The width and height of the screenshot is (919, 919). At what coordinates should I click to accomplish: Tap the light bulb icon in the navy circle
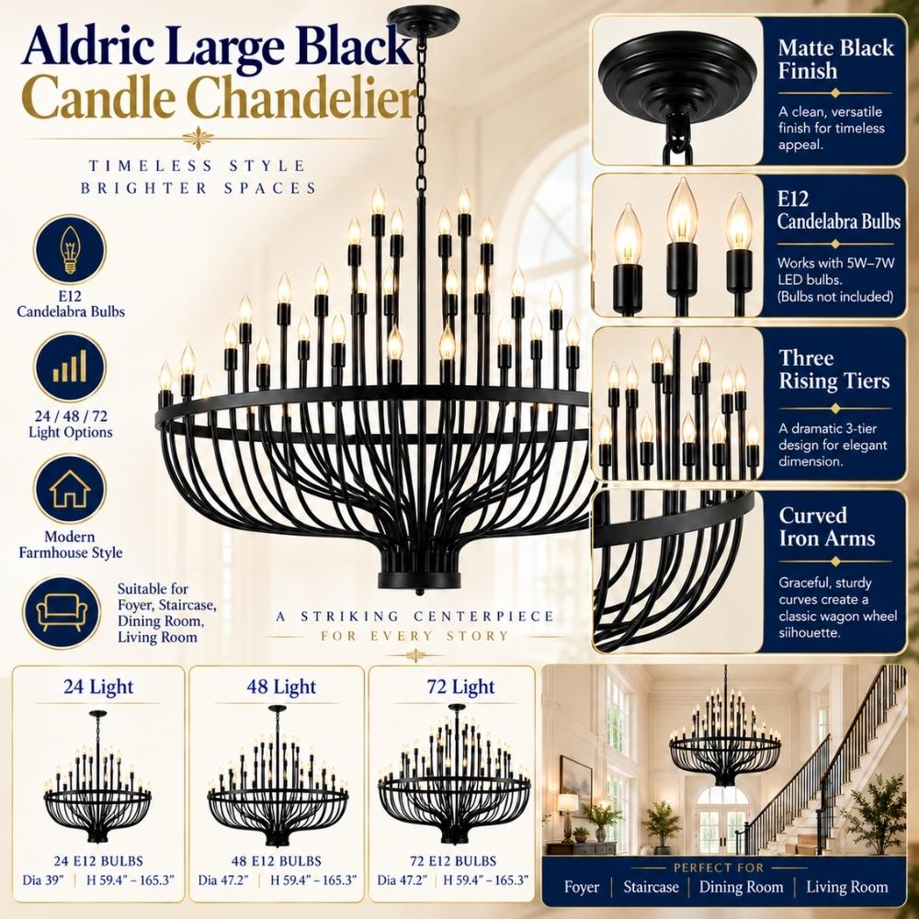tap(70, 250)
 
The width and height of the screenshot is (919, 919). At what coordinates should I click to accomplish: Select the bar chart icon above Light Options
tap(70, 367)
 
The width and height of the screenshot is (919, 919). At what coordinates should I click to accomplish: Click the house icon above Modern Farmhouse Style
tap(70, 488)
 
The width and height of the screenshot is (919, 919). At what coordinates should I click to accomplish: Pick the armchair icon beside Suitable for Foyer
tap(62, 612)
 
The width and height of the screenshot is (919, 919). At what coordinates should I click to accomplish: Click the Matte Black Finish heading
tap(835, 59)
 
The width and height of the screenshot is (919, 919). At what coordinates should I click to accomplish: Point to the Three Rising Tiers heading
tap(834, 369)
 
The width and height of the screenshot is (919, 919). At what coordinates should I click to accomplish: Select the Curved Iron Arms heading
tap(826, 527)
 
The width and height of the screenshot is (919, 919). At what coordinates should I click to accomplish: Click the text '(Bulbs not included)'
tap(835, 297)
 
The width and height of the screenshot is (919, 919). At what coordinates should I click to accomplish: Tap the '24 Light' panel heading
tap(98, 686)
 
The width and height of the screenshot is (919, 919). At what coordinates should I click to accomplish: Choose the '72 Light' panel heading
tap(460, 686)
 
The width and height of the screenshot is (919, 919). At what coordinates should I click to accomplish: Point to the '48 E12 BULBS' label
tap(277, 861)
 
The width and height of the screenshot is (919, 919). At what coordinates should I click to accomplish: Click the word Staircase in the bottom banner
tap(651, 887)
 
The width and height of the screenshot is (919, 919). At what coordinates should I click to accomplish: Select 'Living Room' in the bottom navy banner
tap(847, 887)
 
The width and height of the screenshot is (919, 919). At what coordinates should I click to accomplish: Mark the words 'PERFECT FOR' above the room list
tap(719, 868)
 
